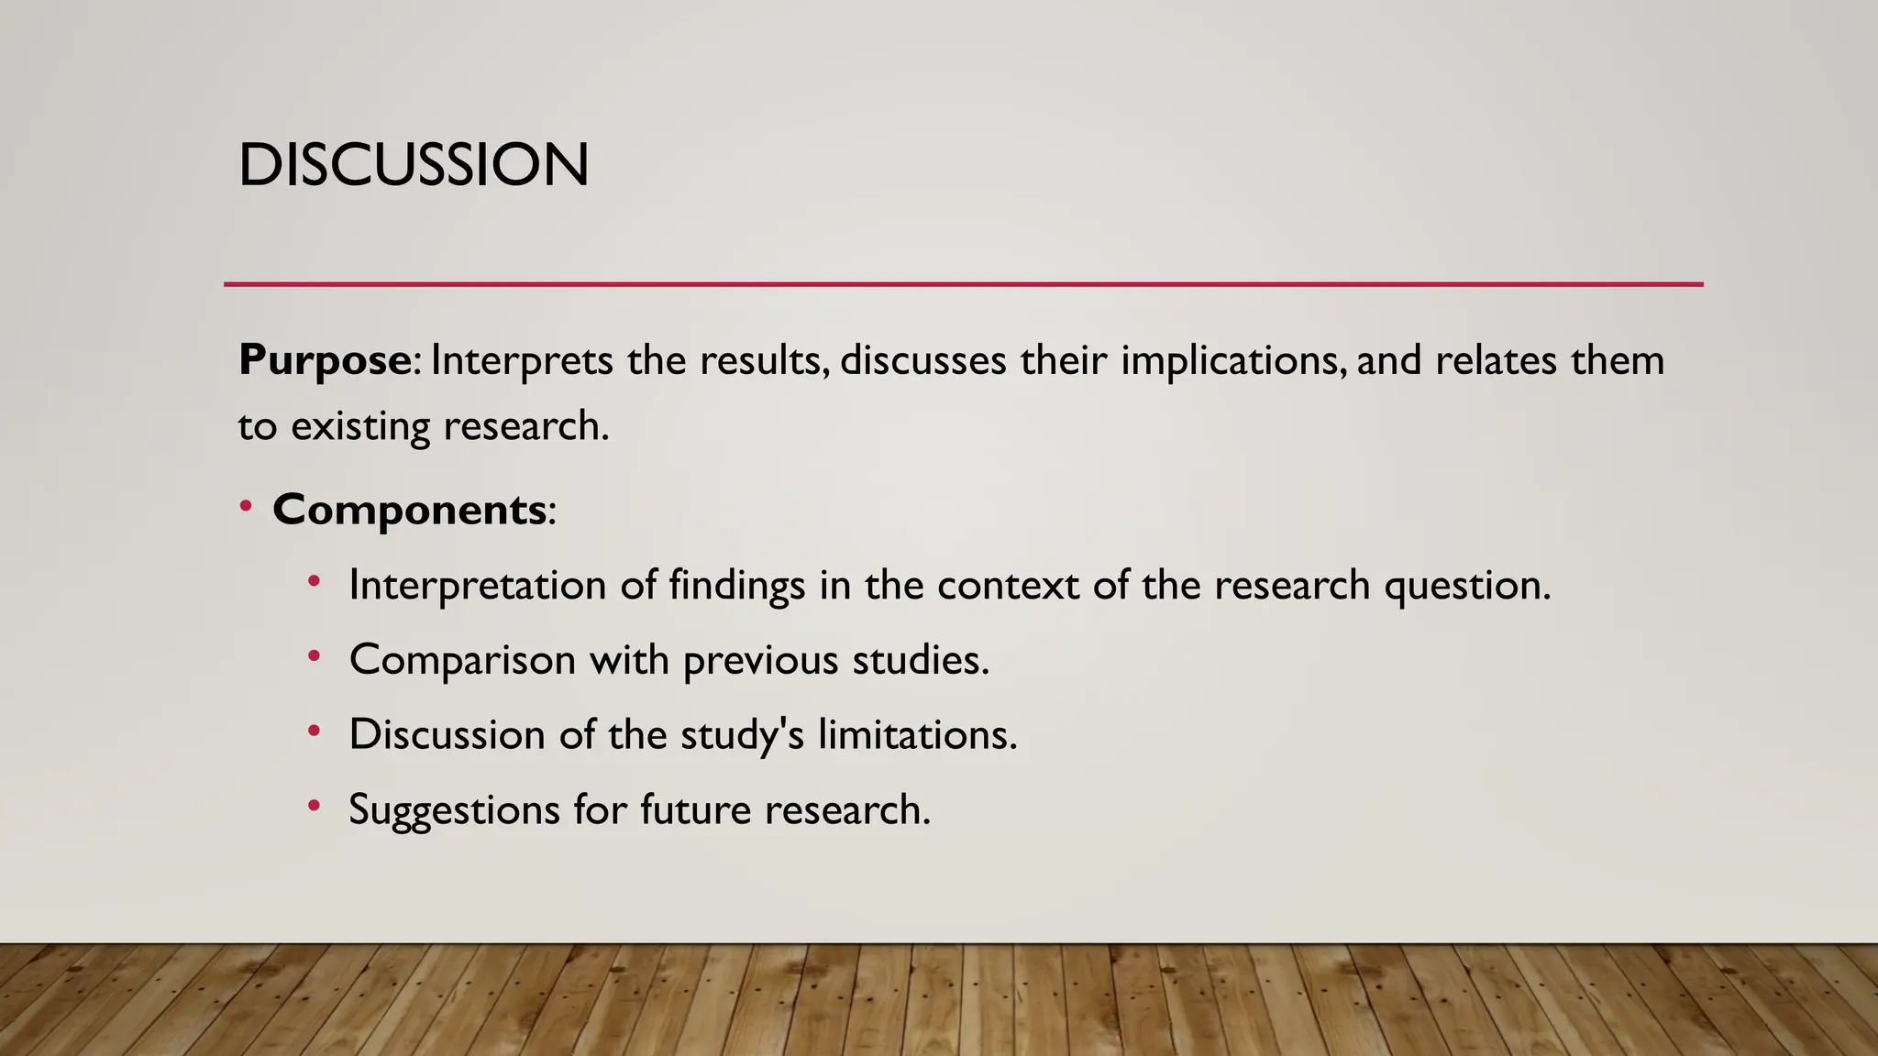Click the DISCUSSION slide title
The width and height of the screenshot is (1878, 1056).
413,166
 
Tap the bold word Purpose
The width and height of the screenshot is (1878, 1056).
325,360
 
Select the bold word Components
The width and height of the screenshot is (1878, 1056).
409,510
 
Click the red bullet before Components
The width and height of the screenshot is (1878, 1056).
245,507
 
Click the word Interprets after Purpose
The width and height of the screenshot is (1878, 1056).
521,360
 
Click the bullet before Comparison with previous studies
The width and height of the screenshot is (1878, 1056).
314,656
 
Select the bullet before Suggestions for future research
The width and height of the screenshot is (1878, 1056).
314,807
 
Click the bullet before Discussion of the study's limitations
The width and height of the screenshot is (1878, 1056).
314,731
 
